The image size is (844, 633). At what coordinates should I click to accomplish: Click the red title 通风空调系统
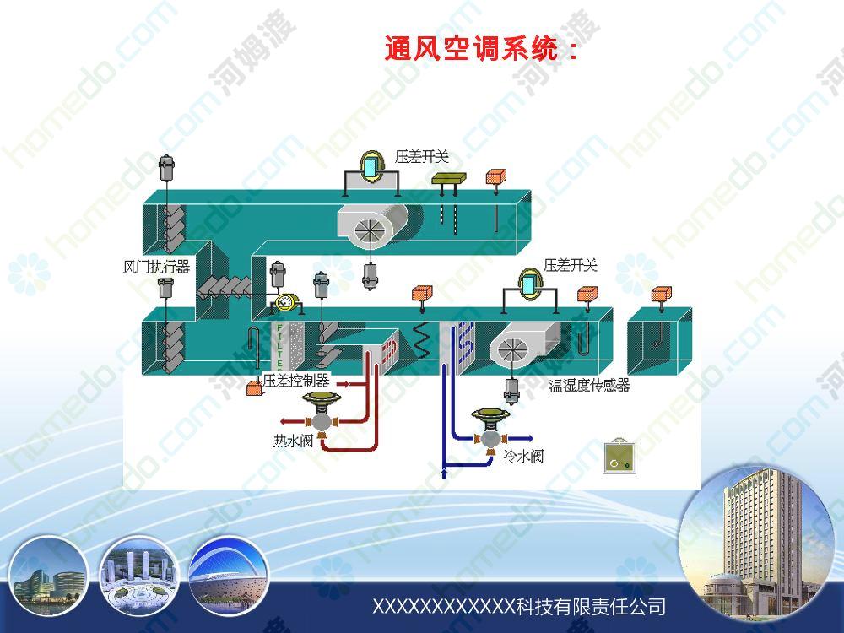pos(472,49)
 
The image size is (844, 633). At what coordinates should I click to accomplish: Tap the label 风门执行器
pos(156,267)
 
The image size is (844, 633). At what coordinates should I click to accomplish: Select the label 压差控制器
pos(296,381)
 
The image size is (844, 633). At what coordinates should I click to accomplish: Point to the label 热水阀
pos(294,441)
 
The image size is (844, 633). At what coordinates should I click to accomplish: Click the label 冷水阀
pos(523,457)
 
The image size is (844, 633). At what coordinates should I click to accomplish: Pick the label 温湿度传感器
pos(589,385)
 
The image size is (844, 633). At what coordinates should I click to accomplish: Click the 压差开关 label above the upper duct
pos(421,157)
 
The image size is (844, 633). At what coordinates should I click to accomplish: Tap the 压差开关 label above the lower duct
pos(570,265)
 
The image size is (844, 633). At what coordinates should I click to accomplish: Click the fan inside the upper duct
pos(372,226)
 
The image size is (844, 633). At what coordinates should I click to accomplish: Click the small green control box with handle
pos(619,457)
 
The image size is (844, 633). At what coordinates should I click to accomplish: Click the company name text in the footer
pos(519,607)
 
